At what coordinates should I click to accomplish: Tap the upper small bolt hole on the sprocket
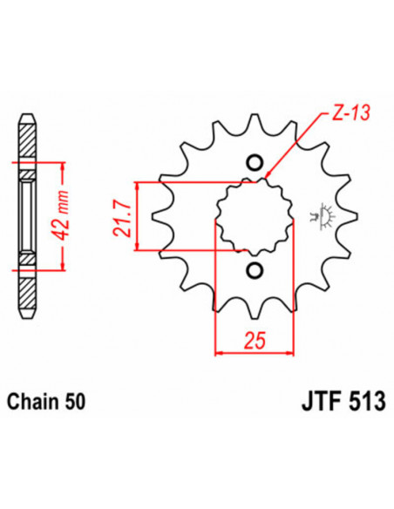(255, 163)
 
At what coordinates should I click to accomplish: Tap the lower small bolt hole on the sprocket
(255, 270)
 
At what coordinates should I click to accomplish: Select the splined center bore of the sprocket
(255, 217)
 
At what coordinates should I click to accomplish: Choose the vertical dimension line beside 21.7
(138, 217)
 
